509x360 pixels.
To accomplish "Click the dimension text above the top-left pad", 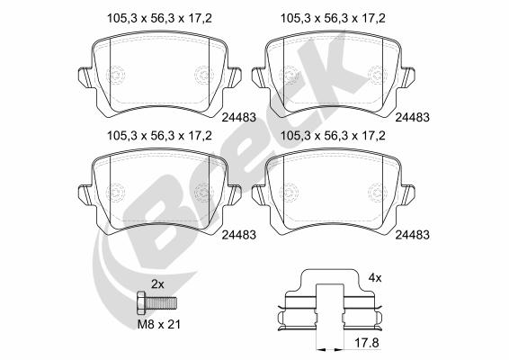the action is tap(159, 18).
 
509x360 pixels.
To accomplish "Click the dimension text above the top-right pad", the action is tap(333, 18).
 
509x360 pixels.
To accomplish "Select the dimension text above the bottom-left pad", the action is tap(159, 136).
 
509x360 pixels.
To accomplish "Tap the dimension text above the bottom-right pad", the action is tap(333, 136).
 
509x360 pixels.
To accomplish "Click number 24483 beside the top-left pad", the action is tap(239, 117).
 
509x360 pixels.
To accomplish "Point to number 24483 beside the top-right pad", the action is tap(412, 117).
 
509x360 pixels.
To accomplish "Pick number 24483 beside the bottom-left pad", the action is tap(239, 235).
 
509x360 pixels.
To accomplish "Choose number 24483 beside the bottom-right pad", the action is tap(412, 235).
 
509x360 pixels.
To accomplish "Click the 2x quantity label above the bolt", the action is tap(157, 284).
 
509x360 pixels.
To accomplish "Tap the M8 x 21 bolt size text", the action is tap(159, 324).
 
